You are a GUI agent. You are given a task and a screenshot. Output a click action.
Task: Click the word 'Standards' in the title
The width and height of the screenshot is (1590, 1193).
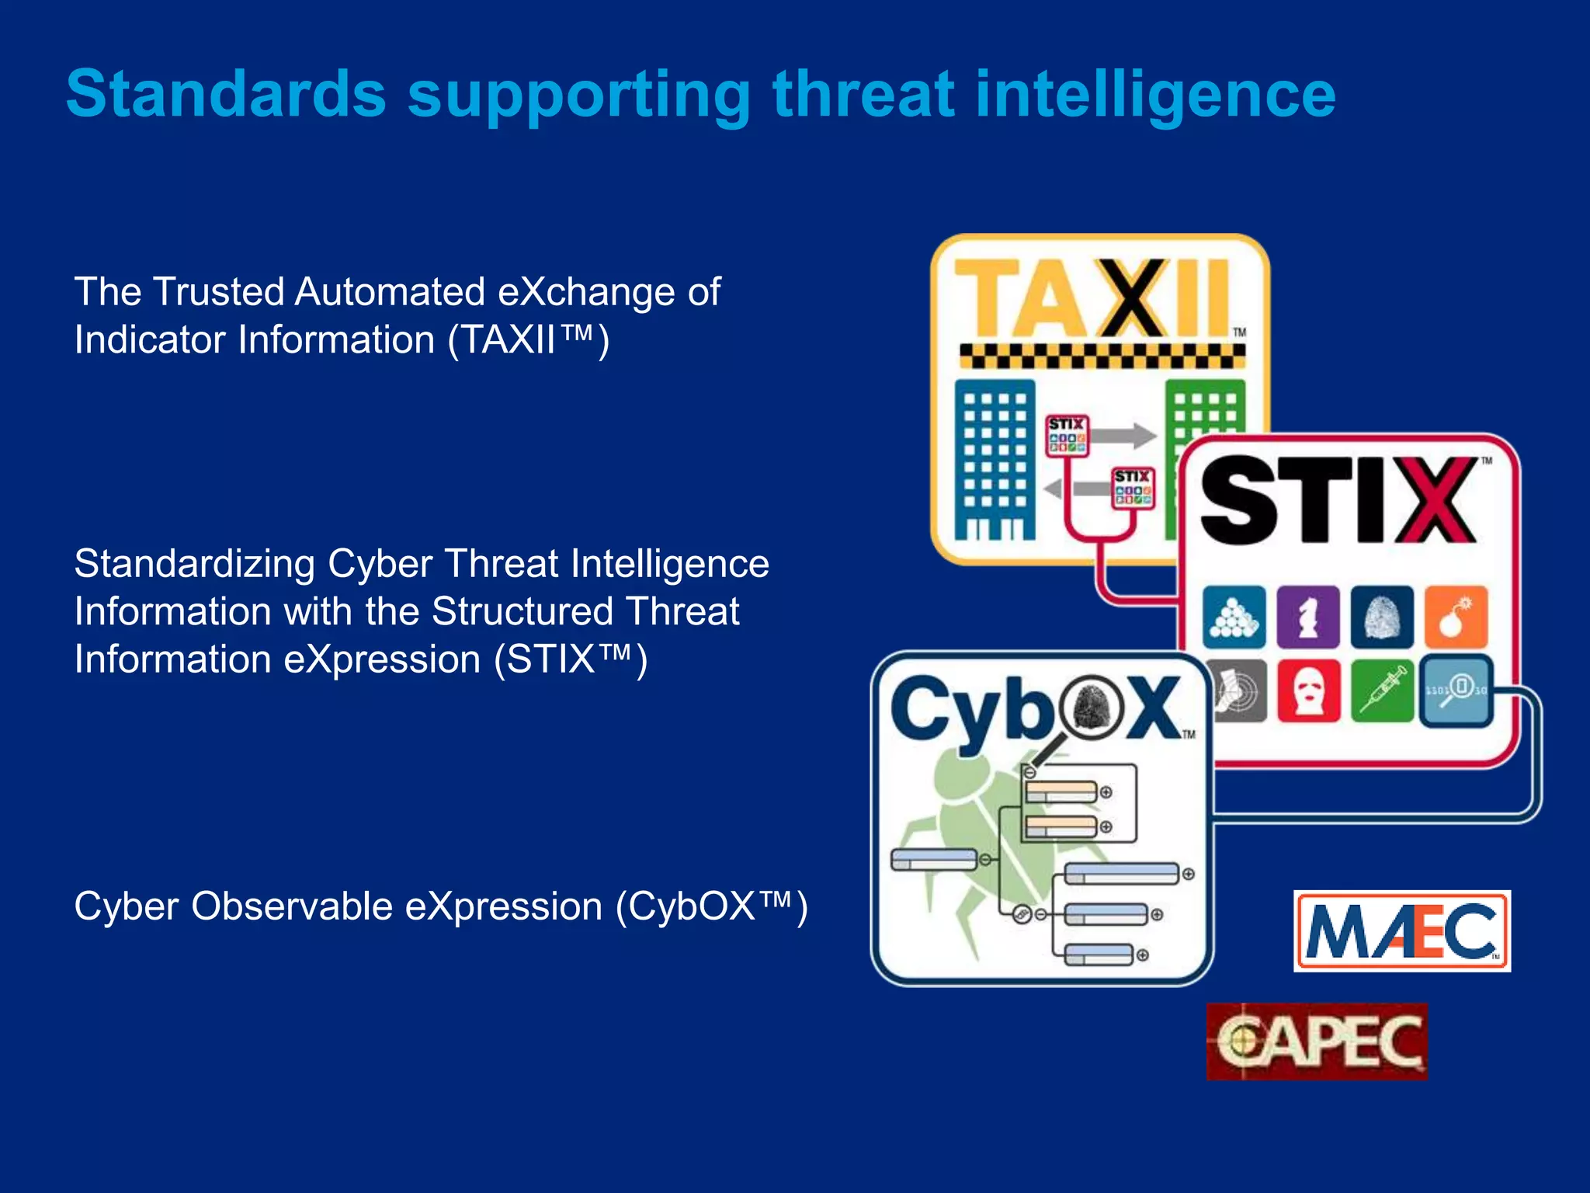tap(226, 94)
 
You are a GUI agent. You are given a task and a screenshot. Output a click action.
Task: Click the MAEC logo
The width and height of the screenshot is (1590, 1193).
tap(1402, 930)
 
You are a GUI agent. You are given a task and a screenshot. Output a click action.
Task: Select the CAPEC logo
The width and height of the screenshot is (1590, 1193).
tap(1317, 1042)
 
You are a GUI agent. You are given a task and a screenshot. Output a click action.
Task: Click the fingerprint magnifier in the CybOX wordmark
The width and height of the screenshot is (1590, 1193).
tap(1097, 708)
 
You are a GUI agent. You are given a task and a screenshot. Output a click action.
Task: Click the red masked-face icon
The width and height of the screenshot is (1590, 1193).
tap(1308, 690)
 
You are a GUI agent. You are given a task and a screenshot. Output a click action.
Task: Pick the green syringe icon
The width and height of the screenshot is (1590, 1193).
tap(1382, 690)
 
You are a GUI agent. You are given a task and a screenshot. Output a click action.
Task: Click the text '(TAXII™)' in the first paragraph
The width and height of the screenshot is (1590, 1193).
tap(529, 340)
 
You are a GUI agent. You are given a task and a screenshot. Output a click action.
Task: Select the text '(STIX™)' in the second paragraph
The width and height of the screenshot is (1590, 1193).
tap(571, 659)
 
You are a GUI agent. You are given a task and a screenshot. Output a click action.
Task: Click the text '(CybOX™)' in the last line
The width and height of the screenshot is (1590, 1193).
tap(712, 906)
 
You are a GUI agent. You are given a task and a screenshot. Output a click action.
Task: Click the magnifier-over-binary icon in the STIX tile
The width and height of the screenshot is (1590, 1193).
tap(1456, 690)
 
